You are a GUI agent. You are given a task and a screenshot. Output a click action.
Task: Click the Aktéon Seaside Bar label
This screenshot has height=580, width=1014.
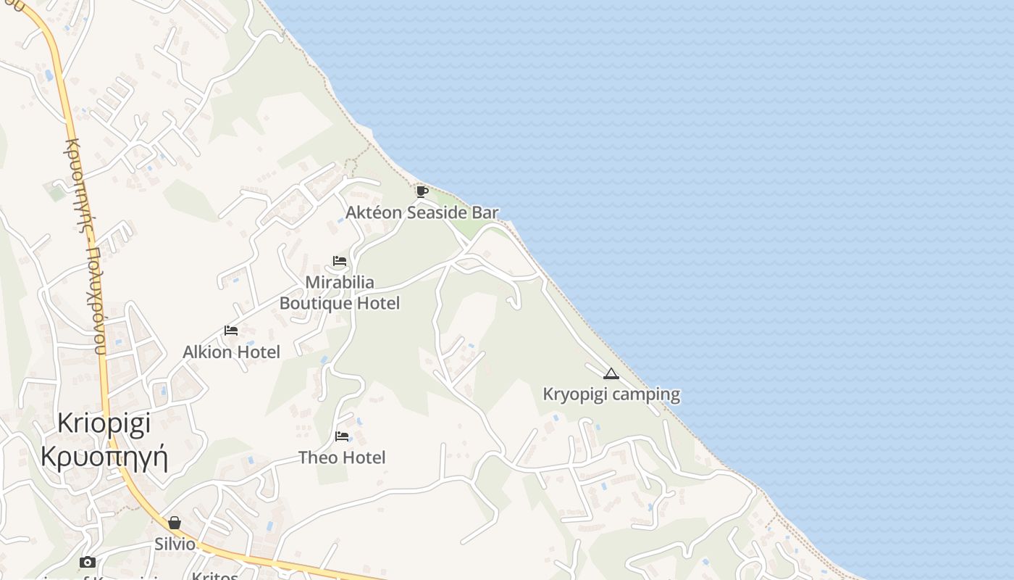tap(422, 212)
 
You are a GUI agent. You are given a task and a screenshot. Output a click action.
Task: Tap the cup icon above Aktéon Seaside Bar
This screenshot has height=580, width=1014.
tap(422, 191)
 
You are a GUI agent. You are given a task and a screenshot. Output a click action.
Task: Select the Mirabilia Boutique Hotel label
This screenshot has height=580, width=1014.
tap(340, 292)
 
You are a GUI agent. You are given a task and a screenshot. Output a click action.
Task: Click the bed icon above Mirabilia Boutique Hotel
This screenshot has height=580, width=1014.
tap(340, 261)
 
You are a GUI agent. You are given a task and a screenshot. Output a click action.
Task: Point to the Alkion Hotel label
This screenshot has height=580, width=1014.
tap(231, 352)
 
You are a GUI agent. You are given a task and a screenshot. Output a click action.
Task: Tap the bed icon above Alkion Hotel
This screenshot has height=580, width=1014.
tap(231, 331)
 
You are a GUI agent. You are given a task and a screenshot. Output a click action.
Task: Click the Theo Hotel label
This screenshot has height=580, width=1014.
tap(342, 457)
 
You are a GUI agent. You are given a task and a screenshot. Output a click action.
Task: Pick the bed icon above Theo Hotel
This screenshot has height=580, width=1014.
tap(342, 436)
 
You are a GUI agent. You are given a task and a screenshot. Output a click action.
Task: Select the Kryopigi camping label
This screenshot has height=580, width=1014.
tap(611, 394)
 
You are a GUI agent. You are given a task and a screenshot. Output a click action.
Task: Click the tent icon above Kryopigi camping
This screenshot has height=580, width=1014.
tap(611, 374)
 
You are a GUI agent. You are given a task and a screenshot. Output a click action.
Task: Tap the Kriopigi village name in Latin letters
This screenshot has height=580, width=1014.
tap(104, 423)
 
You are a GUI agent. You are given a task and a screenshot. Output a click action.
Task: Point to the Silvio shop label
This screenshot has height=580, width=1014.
tap(175, 544)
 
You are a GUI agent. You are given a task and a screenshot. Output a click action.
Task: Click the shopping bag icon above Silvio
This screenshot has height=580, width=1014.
tap(175, 523)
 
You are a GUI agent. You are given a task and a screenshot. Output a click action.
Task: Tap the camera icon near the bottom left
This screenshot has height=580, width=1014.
tap(88, 562)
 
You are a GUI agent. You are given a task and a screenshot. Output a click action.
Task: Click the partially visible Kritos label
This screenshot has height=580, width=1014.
tap(215, 576)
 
